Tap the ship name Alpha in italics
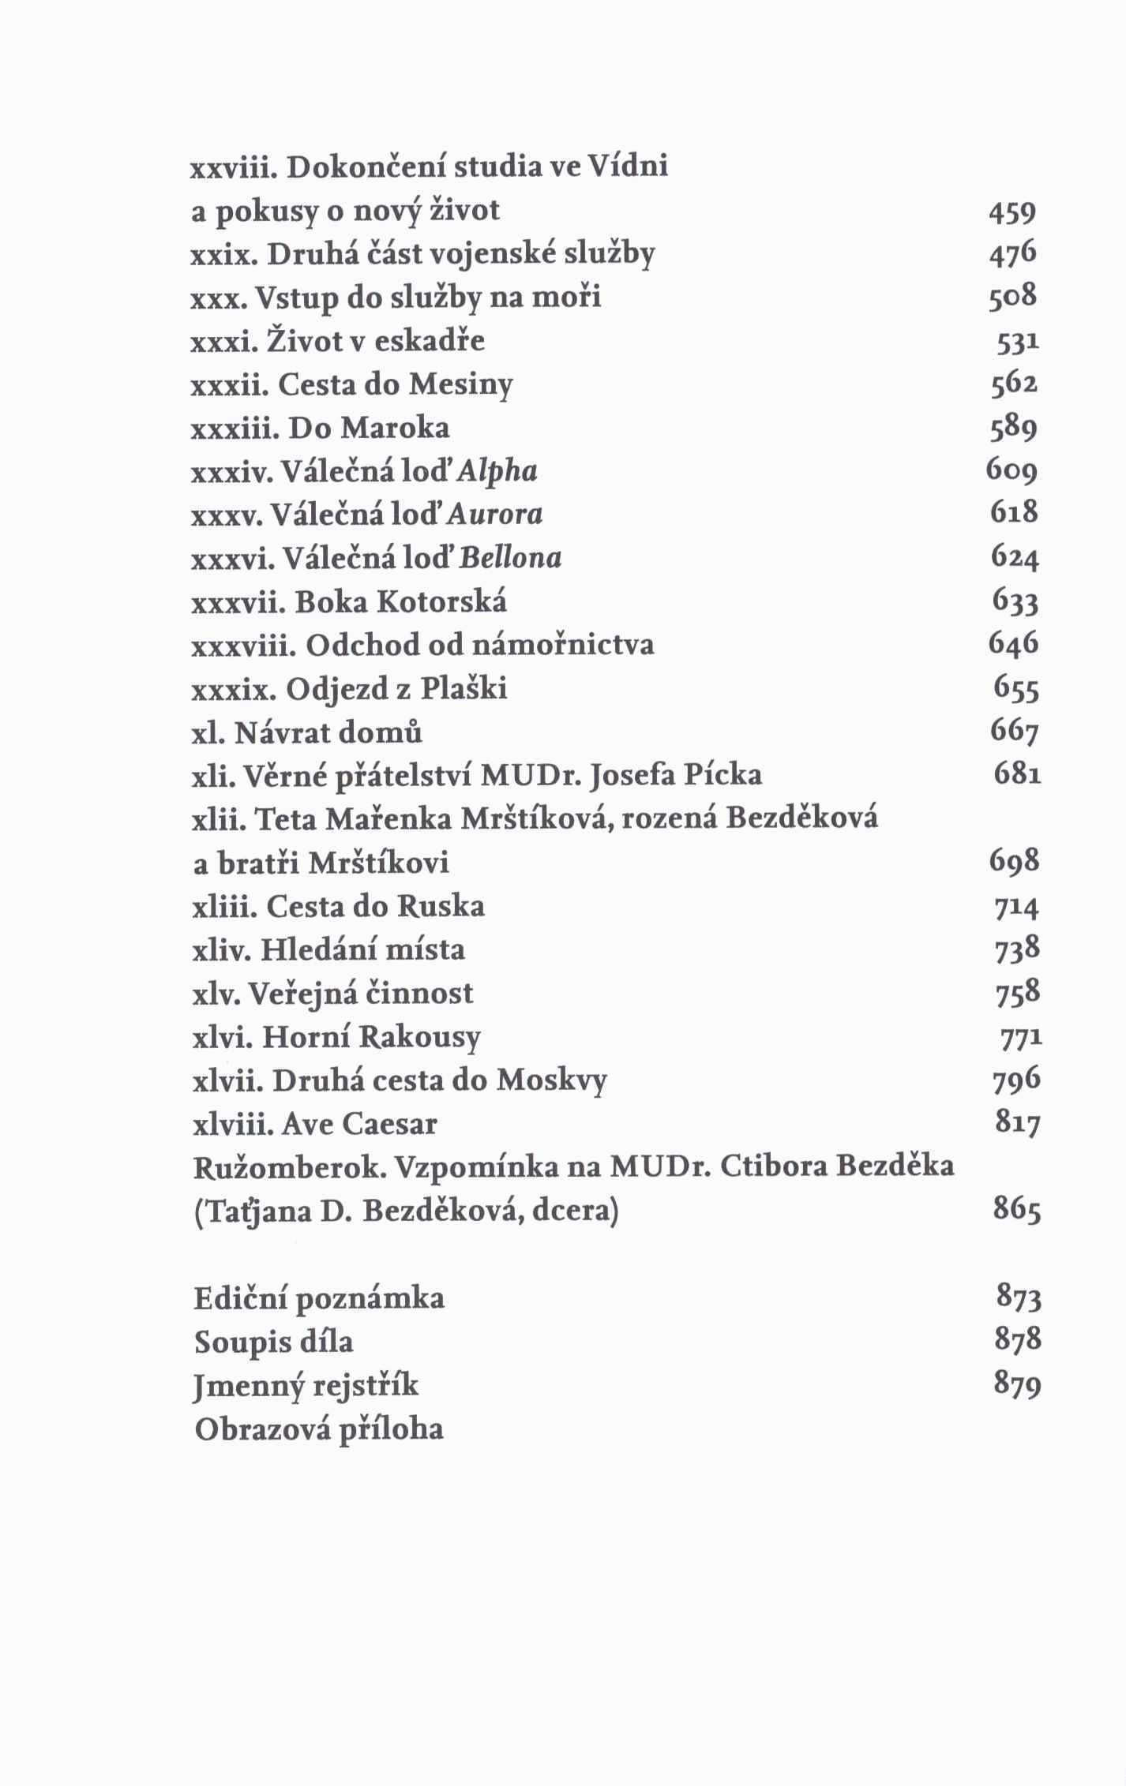click(x=497, y=471)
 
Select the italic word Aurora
click(x=495, y=515)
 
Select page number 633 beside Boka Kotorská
click(x=1015, y=602)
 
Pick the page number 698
click(x=1015, y=862)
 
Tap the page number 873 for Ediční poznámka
click(x=1019, y=1298)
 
